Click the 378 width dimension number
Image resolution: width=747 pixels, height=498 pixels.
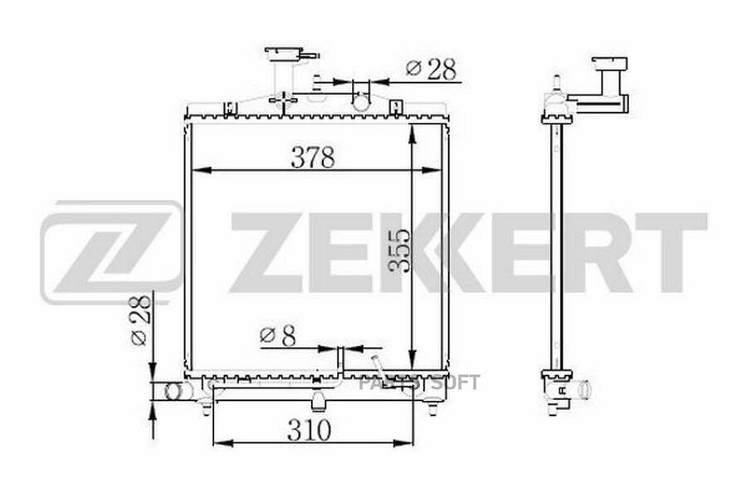coord(313,157)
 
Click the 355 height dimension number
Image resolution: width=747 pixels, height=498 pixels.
coord(398,251)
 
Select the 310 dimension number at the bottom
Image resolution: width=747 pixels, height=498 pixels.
coord(309,430)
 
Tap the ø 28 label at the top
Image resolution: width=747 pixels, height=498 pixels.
coord(431,69)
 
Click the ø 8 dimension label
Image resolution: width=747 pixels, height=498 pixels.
coord(278,335)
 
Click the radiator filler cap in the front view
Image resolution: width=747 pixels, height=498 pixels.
coord(291,53)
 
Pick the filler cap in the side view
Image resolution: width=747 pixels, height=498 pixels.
coord(610,64)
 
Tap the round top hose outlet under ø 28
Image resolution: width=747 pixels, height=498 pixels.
coord(361,100)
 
